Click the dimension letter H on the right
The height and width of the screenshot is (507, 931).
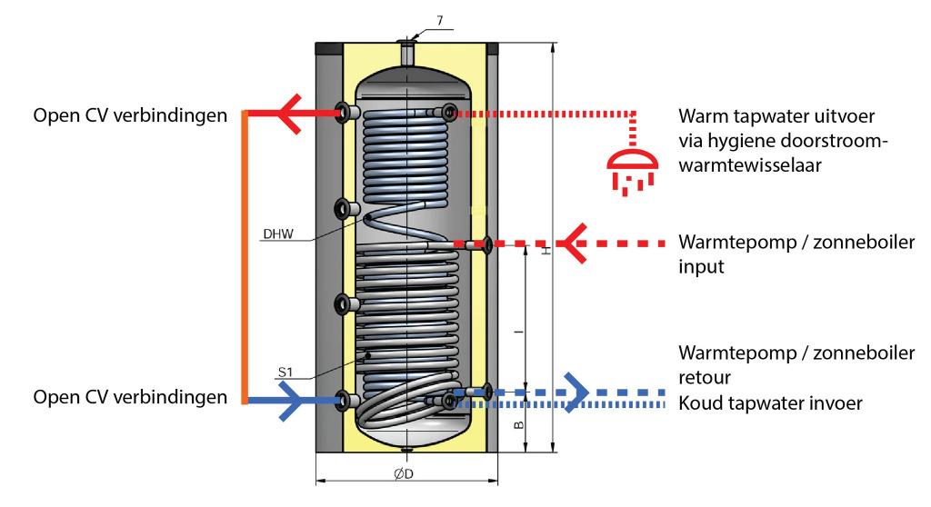point(546,250)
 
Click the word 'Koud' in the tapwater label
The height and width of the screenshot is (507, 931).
point(699,401)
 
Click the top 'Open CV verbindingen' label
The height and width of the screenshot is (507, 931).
point(128,116)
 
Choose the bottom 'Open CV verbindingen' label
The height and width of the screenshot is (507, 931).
point(128,397)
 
